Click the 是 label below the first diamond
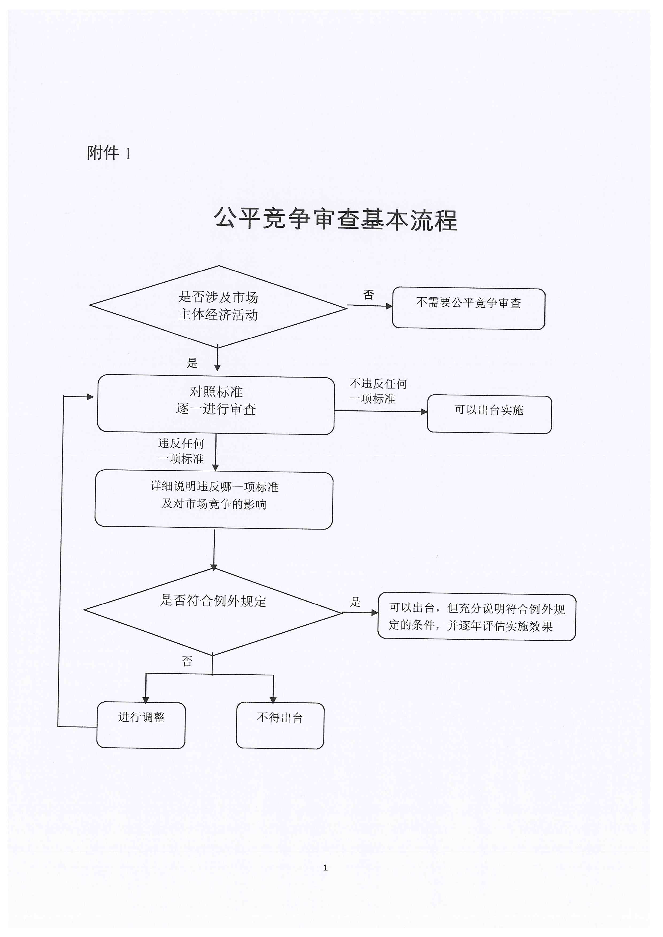pos(192,362)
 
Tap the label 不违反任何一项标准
pos(378,391)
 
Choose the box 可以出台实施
pos(489,414)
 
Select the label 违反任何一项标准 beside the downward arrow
pos(181,451)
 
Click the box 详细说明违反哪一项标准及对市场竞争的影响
pos(214,500)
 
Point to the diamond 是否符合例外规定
pos(213,611)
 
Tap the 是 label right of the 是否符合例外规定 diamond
pos(355,601)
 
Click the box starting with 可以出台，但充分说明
pos(477,617)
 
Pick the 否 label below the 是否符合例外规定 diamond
pos(187,661)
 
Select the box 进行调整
pos(141,725)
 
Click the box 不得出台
pos(280,725)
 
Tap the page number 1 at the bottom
pos(325,867)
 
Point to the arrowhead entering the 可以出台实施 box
pos(424,412)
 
